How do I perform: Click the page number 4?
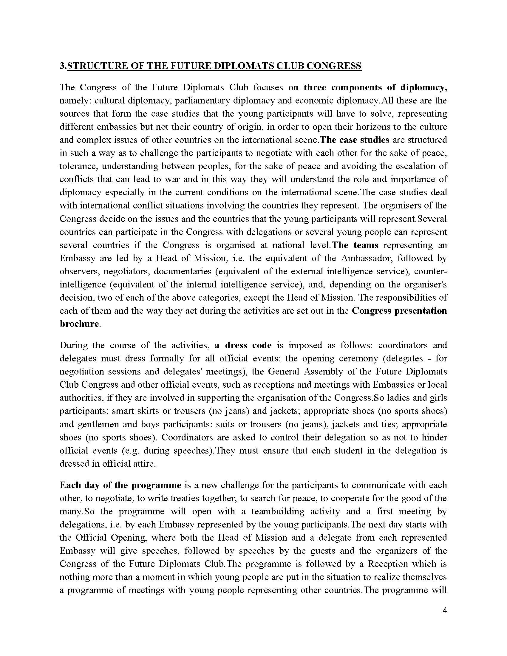[x=445, y=611]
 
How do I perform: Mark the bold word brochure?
[x=79, y=324]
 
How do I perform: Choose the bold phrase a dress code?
[x=243, y=345]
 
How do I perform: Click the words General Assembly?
[x=305, y=372]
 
